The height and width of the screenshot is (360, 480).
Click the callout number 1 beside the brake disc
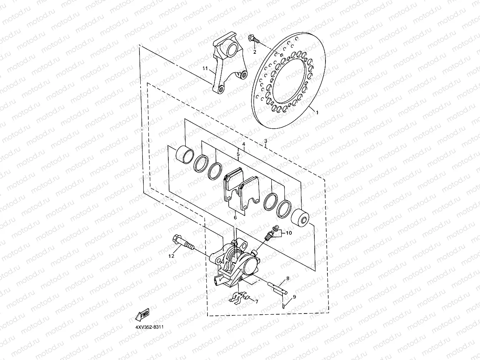coord(317,113)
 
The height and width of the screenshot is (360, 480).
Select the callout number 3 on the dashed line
coord(266,141)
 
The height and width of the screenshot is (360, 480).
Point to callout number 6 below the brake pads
coord(235,217)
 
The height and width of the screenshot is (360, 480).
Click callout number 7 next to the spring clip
coord(257,302)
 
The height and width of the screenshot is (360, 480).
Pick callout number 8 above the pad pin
coord(287,278)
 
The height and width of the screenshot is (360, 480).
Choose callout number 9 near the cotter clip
coord(294,297)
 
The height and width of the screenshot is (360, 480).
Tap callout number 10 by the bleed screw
coord(289,233)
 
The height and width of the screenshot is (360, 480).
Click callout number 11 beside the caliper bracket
coord(205,68)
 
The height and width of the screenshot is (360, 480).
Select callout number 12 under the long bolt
coord(171,255)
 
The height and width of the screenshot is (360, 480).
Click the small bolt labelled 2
coord(254,39)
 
